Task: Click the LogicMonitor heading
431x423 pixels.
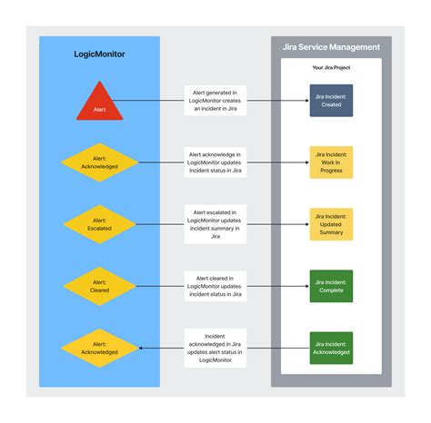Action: [100, 54]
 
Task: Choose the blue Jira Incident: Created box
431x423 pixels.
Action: [331, 100]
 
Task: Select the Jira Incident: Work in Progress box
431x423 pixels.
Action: [331, 162]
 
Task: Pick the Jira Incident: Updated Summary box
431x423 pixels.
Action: [331, 223]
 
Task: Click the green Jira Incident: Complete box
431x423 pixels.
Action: [331, 284]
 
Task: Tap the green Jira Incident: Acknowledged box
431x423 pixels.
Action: [331, 346]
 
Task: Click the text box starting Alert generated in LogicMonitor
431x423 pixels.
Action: [215, 100]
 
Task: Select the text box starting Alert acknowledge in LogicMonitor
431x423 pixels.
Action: [215, 162]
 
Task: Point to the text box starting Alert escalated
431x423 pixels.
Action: [215, 223]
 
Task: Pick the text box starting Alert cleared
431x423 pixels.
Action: [215, 284]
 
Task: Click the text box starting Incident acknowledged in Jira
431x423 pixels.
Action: [215, 345]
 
